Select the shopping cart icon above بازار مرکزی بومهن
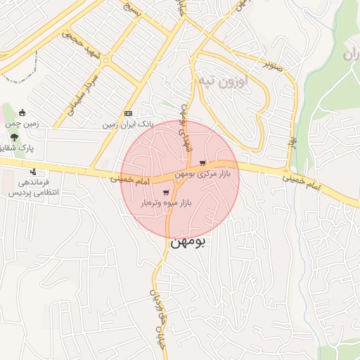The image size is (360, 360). pos(203,162)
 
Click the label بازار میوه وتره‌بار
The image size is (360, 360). pos(167,203)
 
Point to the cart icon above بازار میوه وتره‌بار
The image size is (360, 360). pos(166,193)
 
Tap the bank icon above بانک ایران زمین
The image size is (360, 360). pos(128,113)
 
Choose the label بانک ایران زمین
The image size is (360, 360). pos(127,124)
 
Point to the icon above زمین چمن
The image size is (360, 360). pos(22,112)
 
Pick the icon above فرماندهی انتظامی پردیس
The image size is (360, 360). pos(33,172)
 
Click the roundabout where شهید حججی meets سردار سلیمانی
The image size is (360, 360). pos(105,60)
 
